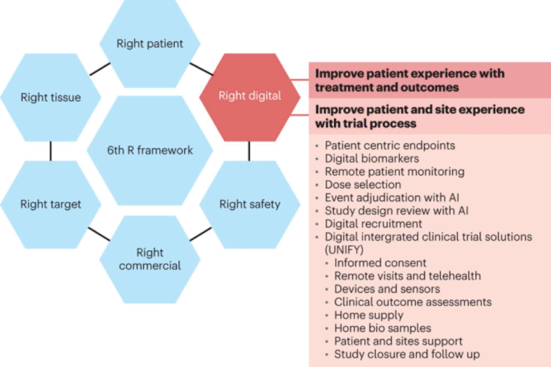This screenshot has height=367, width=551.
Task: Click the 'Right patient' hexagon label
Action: click(x=150, y=44)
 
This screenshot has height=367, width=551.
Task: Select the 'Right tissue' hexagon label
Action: click(x=51, y=97)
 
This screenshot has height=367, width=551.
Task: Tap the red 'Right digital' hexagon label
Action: click(x=250, y=96)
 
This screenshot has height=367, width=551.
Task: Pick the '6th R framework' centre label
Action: click(x=150, y=150)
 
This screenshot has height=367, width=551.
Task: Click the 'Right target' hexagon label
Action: click(x=51, y=204)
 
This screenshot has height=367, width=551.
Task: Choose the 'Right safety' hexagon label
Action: click(x=250, y=204)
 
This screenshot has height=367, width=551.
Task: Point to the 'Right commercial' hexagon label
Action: click(x=150, y=259)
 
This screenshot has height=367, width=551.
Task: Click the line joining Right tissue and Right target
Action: click(x=51, y=151)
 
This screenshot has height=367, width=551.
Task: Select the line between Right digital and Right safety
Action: click(x=249, y=151)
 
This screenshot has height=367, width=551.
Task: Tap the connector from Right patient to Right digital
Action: click(x=201, y=69)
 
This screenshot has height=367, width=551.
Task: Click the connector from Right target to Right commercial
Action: click(x=99, y=234)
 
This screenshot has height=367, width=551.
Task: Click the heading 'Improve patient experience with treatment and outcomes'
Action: click(x=410, y=80)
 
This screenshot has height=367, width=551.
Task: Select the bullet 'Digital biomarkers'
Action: click(x=372, y=158)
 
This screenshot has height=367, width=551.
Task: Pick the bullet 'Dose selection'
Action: click(x=363, y=184)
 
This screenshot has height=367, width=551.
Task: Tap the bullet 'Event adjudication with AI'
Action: click(x=392, y=198)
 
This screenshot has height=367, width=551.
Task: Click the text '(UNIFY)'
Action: click(x=344, y=250)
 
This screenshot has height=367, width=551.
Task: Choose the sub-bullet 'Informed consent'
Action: click(x=380, y=263)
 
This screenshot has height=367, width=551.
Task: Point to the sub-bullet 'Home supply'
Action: click(x=369, y=315)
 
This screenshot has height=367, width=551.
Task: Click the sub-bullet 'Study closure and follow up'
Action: click(x=407, y=354)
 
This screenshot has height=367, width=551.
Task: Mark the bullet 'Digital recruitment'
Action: click(x=373, y=223)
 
